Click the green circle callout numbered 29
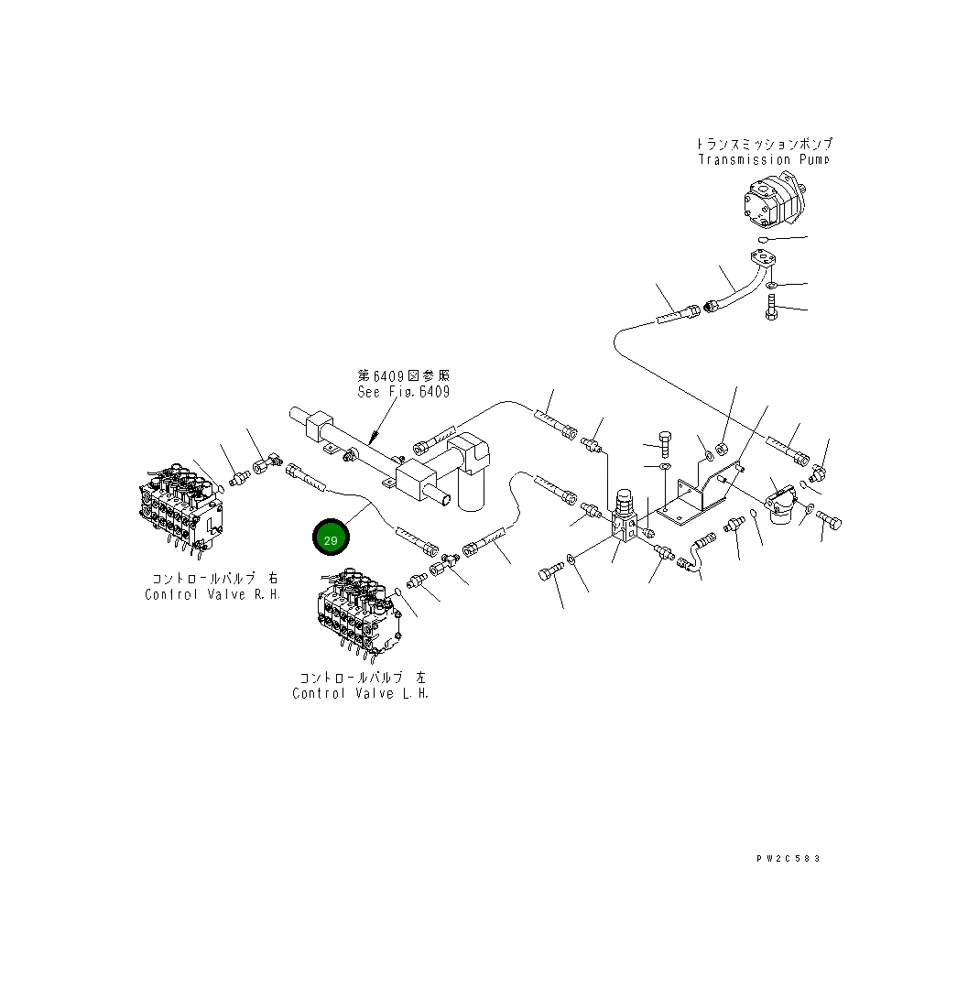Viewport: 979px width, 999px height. (330, 540)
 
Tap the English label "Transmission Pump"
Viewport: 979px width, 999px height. (763, 159)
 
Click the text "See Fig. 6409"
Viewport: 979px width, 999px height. (403, 392)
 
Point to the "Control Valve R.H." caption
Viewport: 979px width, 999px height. (212, 594)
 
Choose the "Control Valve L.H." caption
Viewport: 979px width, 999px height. (360, 693)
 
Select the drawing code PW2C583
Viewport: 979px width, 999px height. (788, 858)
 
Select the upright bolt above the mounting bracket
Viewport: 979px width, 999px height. (665, 441)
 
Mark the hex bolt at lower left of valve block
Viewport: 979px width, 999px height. (547, 574)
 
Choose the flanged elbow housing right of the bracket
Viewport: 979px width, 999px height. (781, 505)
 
